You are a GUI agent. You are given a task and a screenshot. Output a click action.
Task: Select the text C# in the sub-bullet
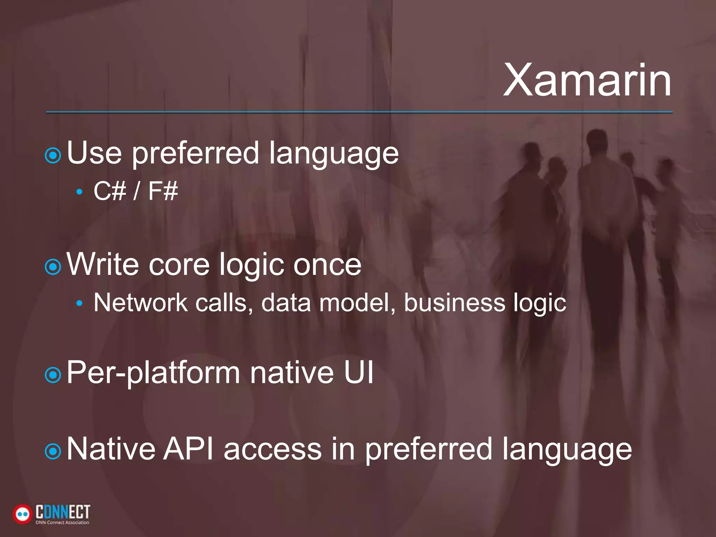(109, 191)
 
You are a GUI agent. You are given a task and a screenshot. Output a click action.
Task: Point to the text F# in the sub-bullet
(163, 191)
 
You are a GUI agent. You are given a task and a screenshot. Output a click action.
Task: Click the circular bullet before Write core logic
(53, 267)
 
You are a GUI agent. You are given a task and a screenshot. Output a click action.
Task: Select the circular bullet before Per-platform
(53, 375)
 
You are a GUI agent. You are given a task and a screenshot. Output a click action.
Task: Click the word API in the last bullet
(189, 449)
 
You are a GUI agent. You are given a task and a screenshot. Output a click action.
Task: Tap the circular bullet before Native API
(53, 452)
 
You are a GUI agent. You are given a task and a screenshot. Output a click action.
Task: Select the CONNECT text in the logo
(63, 512)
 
